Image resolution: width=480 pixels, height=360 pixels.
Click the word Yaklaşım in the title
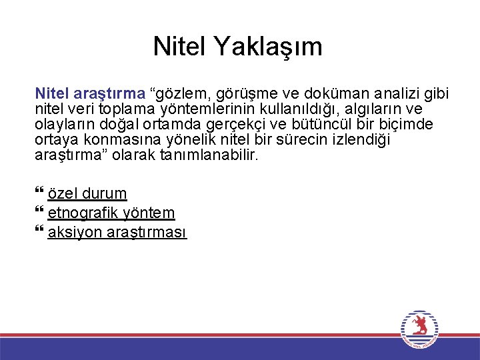pos(267,47)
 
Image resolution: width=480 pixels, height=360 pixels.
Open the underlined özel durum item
pos(87,194)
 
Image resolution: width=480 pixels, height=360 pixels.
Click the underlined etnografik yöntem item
pos(111,213)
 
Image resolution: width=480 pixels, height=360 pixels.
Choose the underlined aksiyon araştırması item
pos(117,233)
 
